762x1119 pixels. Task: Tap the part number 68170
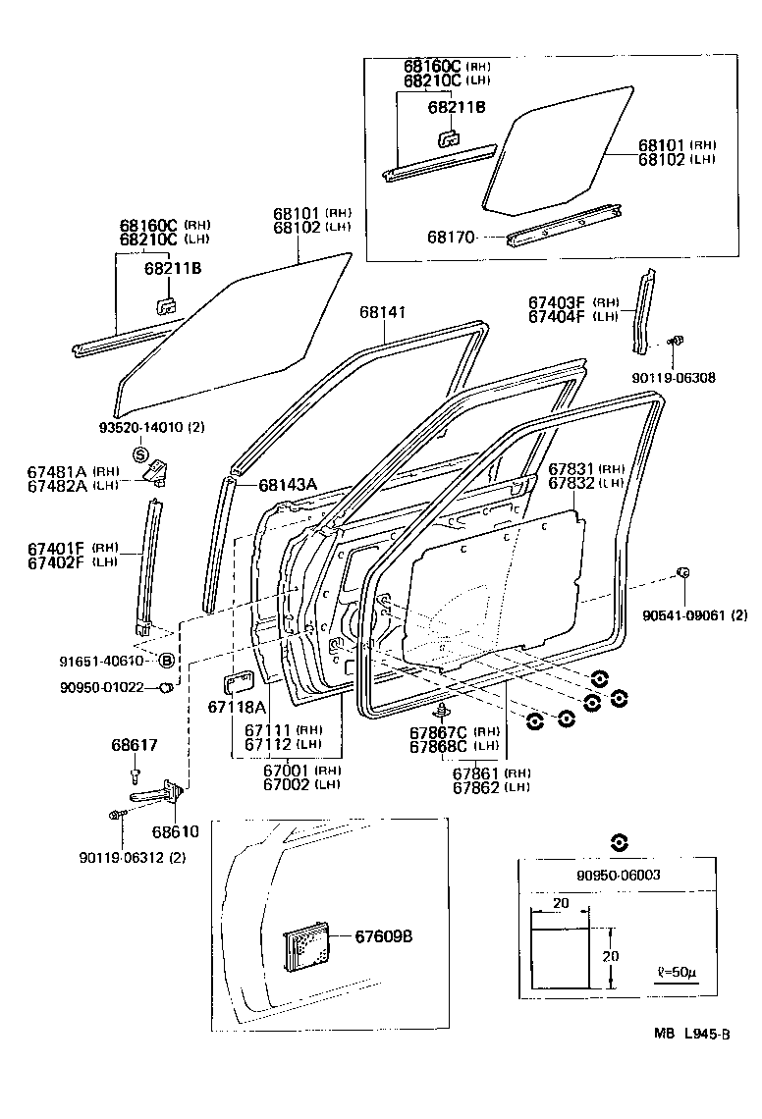pos(451,237)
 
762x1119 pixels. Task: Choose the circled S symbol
pos(140,454)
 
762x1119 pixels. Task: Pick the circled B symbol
pos(166,661)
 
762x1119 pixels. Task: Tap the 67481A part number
pos(58,472)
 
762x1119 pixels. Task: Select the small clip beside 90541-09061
pos(684,572)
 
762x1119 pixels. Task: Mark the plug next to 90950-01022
pos(167,687)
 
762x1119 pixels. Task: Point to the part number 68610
pos(177,830)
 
